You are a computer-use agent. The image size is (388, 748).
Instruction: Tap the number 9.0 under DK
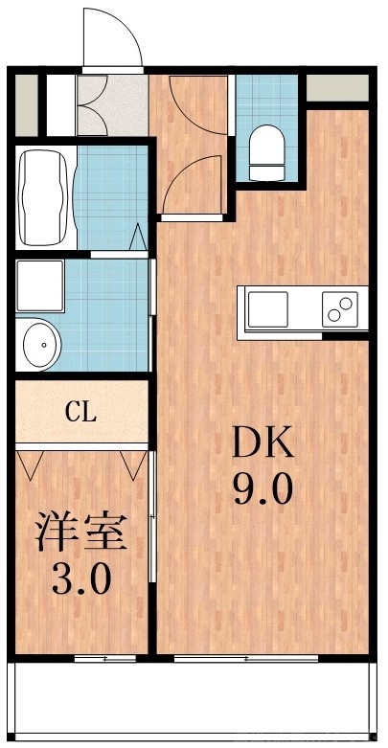261,491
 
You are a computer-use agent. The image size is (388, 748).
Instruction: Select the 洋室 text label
81,532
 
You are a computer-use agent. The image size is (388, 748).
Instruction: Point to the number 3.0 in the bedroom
82,578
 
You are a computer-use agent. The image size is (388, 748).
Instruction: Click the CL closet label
80,413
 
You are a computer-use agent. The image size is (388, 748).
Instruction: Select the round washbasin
38,341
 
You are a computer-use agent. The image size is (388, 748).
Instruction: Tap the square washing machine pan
39,283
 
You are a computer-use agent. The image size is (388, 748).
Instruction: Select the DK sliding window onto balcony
247,658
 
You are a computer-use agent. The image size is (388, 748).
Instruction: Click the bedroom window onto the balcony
105,658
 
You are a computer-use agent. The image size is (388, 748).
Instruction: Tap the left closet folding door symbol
30,464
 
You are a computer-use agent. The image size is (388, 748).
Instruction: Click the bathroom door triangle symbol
137,236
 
